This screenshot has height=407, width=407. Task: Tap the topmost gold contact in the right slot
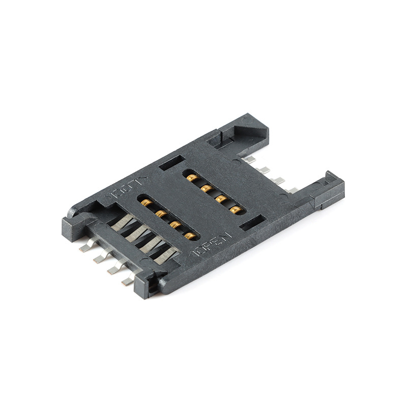192,178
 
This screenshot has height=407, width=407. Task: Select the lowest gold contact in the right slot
235,209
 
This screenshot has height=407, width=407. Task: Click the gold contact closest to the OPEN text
191,236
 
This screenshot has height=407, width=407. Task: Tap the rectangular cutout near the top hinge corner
171,163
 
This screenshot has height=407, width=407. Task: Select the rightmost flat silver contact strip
166,254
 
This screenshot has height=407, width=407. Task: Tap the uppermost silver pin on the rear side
249,160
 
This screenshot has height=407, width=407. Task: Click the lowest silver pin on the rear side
291,190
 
